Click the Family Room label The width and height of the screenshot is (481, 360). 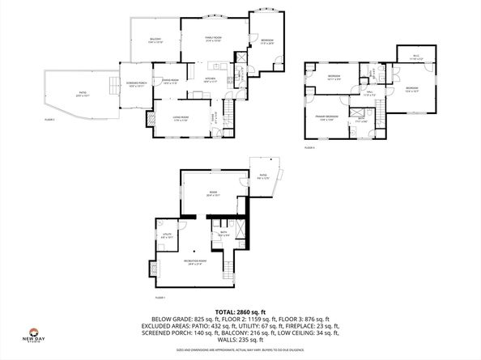213,38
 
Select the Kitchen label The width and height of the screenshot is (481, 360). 210,80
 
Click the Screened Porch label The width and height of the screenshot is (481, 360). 135,84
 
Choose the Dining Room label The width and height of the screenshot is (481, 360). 170,82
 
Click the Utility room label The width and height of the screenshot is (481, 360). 166,236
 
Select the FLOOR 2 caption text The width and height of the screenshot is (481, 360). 50,119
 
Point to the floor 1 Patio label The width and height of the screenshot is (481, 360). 263,178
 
